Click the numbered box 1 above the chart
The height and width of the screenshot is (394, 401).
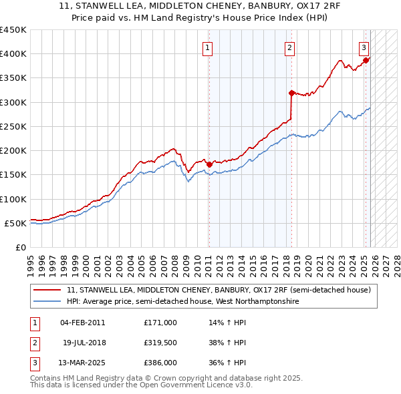coord(208,47)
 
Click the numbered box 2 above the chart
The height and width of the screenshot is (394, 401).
coord(289,47)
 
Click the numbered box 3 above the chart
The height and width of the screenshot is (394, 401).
coord(364,47)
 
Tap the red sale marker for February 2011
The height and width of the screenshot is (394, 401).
coord(209,164)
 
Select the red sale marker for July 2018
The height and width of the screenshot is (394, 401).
coord(291,93)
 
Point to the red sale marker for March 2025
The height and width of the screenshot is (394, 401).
coord(366,61)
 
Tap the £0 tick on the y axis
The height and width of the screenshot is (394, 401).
coord(19,247)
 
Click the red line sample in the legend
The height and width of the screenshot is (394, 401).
coord(48,290)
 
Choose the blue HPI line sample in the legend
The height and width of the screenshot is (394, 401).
coord(48,302)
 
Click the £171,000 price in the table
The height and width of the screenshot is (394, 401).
coord(160,323)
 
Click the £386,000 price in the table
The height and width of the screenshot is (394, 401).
coord(160,363)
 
